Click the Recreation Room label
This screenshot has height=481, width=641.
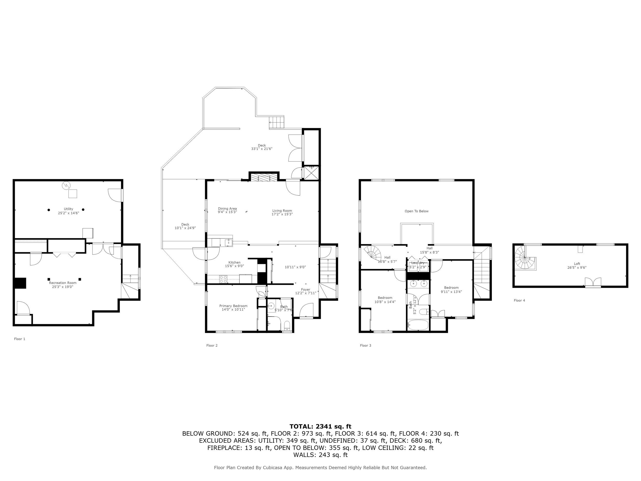tap(63, 283)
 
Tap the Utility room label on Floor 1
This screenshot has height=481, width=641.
tap(68, 209)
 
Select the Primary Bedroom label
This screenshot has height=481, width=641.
tap(233, 306)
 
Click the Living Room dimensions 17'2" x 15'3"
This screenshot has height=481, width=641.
tap(282, 214)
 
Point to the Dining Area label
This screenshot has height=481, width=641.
tap(227, 209)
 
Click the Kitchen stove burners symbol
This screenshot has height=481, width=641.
tap(223, 279)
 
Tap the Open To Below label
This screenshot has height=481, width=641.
tap(416, 211)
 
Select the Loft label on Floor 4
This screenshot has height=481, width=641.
tap(577, 263)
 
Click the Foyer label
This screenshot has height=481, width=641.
tap(305, 289)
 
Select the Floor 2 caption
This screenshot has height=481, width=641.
tap(212, 345)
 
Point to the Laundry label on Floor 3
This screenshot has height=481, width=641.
tap(418, 263)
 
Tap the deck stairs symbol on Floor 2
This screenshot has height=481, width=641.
tap(276, 122)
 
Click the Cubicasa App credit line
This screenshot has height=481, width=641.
tap(320, 467)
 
